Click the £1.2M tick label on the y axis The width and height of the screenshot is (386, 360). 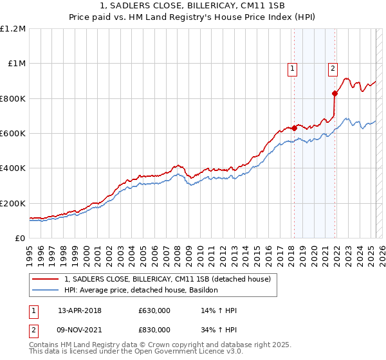[x=13, y=29]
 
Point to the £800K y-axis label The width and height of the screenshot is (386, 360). [x=13, y=98]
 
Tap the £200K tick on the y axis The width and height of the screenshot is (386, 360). [x=13, y=203]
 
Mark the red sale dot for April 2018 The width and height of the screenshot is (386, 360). [x=294, y=128]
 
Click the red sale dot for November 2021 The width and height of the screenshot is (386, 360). [x=335, y=93]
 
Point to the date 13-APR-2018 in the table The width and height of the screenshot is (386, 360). [x=79, y=310]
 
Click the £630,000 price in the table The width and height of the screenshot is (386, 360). [x=154, y=310]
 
